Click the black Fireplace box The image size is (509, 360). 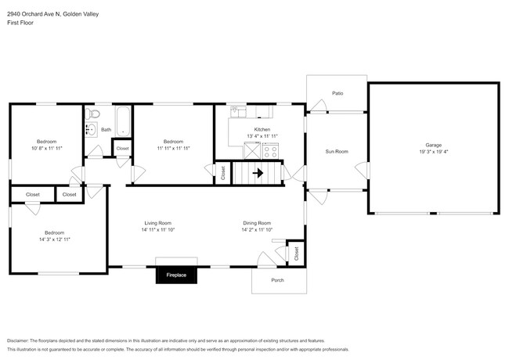point(175,275)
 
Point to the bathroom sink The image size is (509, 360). point(90,130)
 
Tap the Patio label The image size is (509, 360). point(338,93)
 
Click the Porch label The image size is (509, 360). point(277,280)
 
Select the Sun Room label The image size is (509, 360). point(337,151)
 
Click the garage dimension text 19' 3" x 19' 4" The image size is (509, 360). point(433,152)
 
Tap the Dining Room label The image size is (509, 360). point(256,223)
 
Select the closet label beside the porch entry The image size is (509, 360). point(296,254)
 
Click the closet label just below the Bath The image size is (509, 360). point(122,148)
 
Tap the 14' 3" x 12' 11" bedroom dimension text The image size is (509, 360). point(54,239)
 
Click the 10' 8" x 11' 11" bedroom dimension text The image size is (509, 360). point(46,147)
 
